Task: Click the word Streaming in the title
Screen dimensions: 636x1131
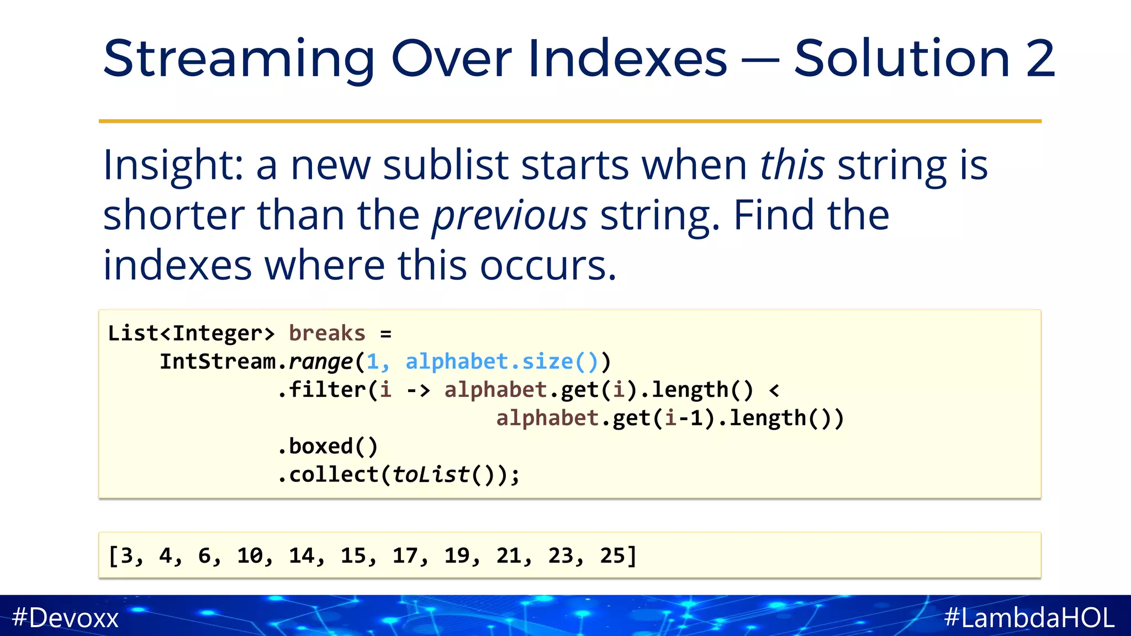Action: pyautogui.click(x=239, y=60)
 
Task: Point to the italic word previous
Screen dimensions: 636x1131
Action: pyautogui.click(x=509, y=215)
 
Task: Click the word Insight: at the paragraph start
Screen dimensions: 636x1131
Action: pyautogui.click(x=173, y=166)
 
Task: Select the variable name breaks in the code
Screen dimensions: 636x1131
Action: pyautogui.click(x=327, y=333)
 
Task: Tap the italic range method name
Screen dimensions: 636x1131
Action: pyautogui.click(x=321, y=362)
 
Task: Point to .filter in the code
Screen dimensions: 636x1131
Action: pyautogui.click(x=321, y=390)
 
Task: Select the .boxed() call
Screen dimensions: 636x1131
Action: pyautogui.click(x=327, y=446)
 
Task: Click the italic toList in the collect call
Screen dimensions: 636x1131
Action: pyautogui.click(x=431, y=475)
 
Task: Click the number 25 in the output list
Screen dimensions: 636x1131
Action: pyautogui.click(x=612, y=555)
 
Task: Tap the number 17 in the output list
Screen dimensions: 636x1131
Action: pyautogui.click(x=405, y=555)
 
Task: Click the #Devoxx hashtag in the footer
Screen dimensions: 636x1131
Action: pyautogui.click(x=65, y=617)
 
